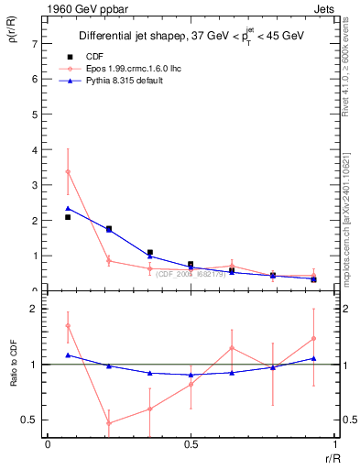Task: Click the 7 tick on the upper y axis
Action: (x=35, y=43)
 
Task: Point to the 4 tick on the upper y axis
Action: (x=35, y=149)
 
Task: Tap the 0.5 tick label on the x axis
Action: (x=191, y=444)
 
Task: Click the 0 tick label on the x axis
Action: (x=48, y=444)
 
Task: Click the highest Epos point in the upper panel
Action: (x=68, y=172)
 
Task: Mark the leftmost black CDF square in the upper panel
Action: (x=68, y=217)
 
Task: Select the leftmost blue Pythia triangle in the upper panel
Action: (x=68, y=208)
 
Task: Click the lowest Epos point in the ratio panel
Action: (x=109, y=423)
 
